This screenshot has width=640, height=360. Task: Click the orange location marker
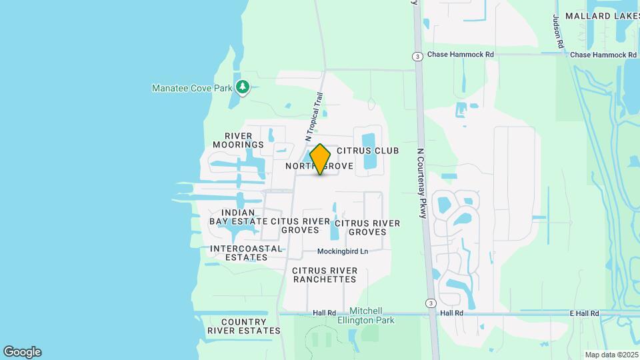(321, 159)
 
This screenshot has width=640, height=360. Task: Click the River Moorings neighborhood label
(239, 140)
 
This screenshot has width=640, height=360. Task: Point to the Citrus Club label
(368, 151)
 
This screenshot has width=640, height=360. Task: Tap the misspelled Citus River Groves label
(300, 225)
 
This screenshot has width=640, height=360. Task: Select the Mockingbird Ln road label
(343, 251)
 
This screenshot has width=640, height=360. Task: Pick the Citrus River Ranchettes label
(325, 275)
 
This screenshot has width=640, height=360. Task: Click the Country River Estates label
(243, 326)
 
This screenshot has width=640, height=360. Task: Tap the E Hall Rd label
(583, 313)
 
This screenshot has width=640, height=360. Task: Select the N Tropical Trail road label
(313, 116)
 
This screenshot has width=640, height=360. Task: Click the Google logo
(22, 352)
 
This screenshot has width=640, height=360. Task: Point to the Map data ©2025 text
(610, 355)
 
